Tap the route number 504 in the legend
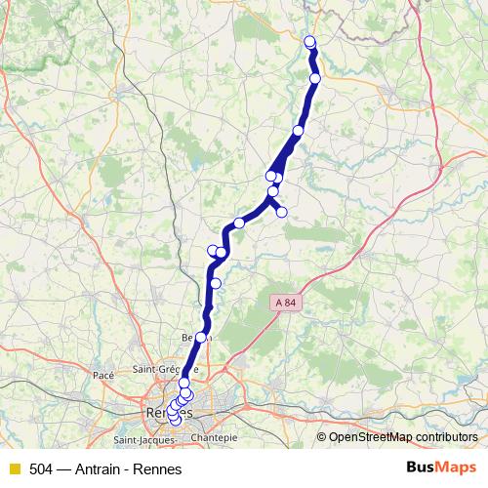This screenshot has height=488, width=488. click(x=42, y=469)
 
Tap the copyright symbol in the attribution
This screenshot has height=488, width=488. click(x=322, y=436)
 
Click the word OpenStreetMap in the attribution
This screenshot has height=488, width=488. click(x=370, y=436)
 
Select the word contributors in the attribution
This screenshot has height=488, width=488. click(x=446, y=436)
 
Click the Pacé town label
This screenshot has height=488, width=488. click(x=103, y=374)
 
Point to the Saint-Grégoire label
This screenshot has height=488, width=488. click(x=165, y=371)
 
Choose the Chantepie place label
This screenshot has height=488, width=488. click(x=215, y=438)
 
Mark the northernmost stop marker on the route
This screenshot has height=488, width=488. click(x=310, y=41)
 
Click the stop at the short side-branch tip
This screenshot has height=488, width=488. click(x=281, y=212)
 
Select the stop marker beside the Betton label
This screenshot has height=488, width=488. click(x=202, y=337)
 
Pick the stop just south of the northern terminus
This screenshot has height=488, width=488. click(x=315, y=78)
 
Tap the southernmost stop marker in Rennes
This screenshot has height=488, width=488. click(x=175, y=421)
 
